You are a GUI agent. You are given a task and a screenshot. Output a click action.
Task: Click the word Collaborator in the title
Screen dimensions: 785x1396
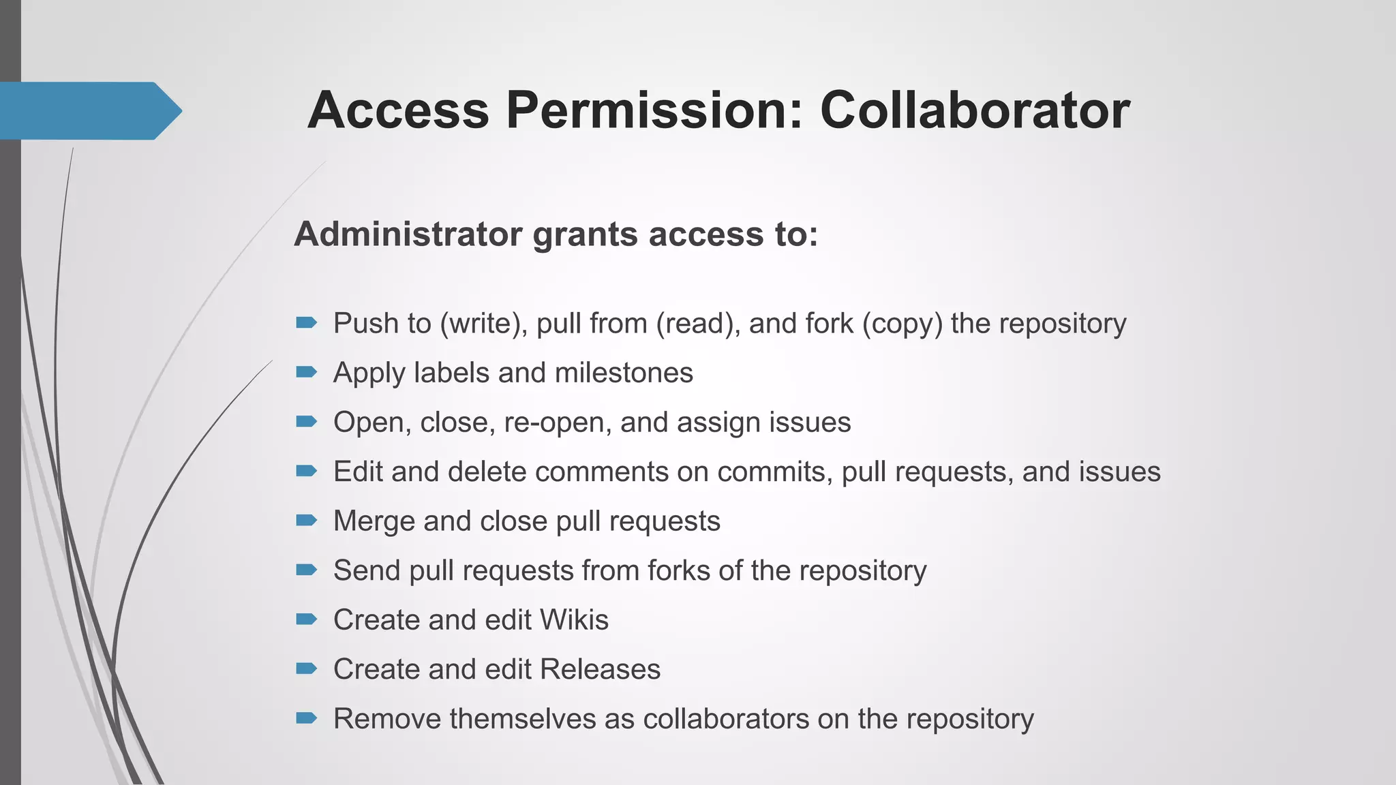pos(975,110)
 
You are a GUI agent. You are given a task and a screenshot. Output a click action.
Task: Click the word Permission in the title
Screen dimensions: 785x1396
pos(654,110)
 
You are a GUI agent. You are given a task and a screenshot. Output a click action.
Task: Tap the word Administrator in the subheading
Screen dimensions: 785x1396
pos(408,234)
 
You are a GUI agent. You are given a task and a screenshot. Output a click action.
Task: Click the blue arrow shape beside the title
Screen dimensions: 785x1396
pos(89,111)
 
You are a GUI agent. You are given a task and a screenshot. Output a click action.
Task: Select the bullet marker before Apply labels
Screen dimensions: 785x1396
pos(307,372)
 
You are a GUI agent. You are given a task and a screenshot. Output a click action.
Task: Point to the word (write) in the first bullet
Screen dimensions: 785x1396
pos(483,323)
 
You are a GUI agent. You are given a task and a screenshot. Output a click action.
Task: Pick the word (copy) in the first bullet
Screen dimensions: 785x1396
pos(902,323)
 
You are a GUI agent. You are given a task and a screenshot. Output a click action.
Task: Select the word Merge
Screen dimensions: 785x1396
pos(374,521)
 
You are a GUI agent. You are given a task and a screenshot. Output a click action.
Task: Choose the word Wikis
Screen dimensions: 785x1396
pos(574,620)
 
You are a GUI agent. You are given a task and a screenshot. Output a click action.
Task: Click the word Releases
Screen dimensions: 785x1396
pos(600,669)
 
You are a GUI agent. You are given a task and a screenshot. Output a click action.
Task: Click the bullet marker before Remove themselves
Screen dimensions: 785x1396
pos(307,718)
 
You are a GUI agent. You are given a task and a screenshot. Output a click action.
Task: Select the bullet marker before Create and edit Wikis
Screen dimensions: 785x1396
pos(307,619)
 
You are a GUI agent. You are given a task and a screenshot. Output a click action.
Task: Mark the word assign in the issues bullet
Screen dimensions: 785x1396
pos(719,422)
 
